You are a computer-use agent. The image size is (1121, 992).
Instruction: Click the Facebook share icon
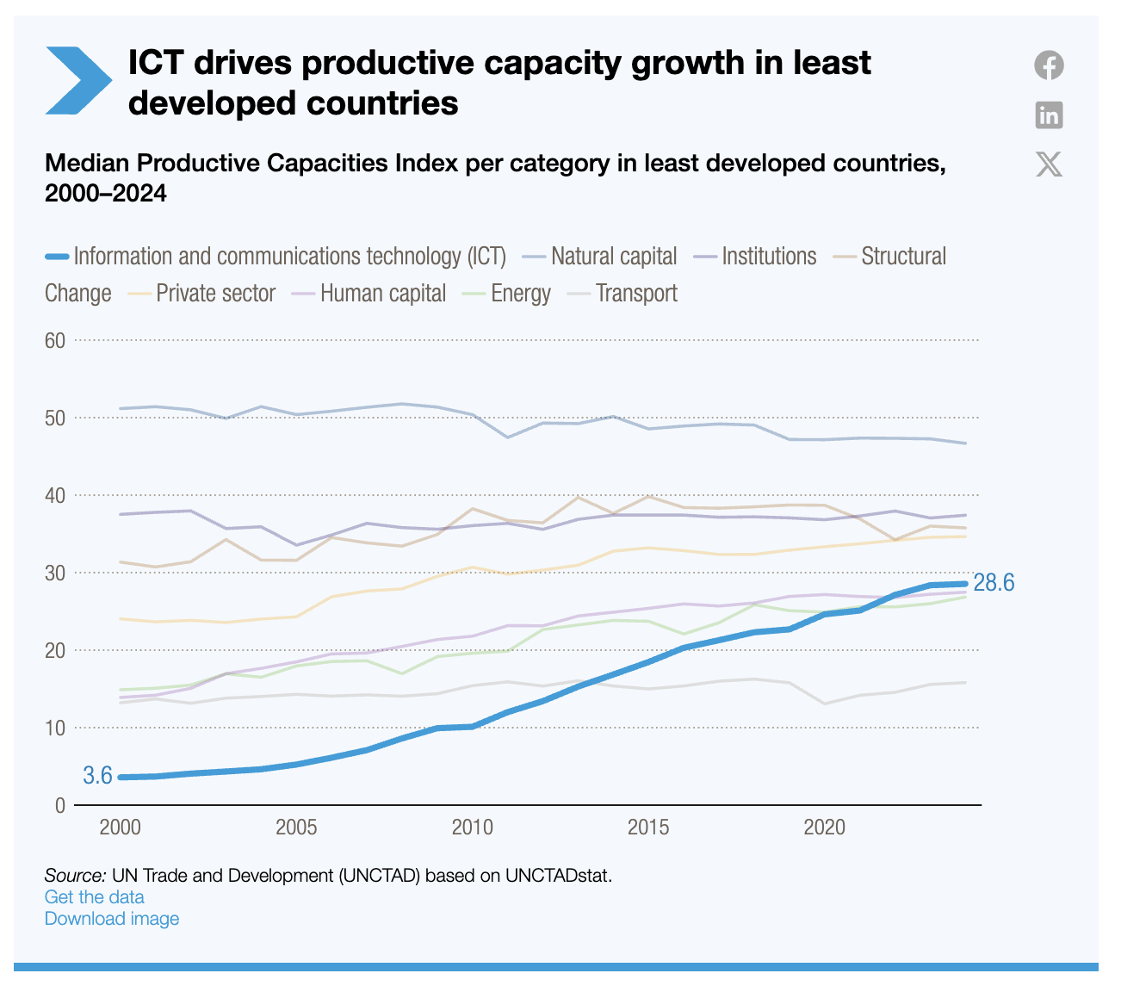pos(1049,65)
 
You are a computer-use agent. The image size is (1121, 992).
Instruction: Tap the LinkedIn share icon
pos(1049,115)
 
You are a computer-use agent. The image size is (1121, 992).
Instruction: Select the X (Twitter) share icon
pos(1049,164)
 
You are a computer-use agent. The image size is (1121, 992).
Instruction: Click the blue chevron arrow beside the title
pos(77,80)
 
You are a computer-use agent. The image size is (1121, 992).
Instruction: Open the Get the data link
pos(94,896)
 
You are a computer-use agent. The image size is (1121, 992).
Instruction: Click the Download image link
pos(112,918)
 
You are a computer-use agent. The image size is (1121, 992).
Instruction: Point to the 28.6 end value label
pos(994,583)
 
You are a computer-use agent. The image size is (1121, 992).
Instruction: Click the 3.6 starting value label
pos(97,776)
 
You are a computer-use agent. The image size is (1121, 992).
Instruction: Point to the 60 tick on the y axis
pos(55,340)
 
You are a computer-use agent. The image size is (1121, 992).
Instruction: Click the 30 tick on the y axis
pos(55,573)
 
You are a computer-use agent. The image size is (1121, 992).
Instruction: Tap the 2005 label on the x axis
pos(296,828)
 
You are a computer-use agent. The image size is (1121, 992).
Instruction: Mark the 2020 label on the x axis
pos(824,828)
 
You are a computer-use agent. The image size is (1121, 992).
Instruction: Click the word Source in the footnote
pos(74,876)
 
